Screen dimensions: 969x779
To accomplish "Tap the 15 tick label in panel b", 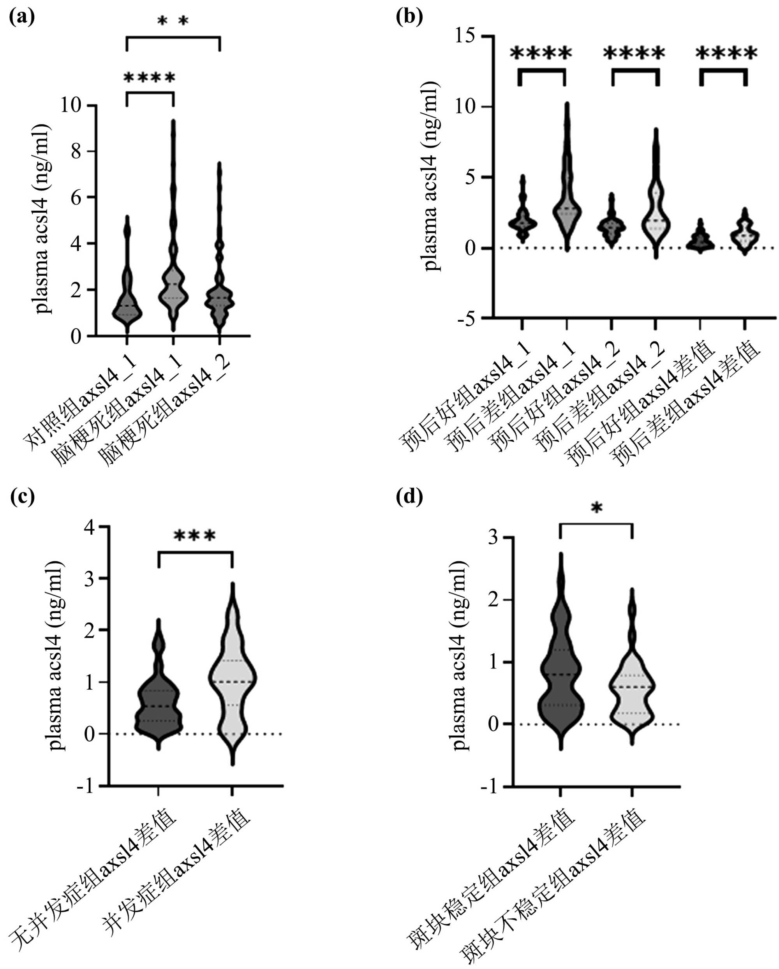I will pos(465,35).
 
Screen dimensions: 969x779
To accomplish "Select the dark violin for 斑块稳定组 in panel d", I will pos(560,674).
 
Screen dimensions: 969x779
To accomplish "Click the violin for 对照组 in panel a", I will pos(127,306).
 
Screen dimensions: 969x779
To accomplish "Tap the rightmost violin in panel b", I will pos(745,234).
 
